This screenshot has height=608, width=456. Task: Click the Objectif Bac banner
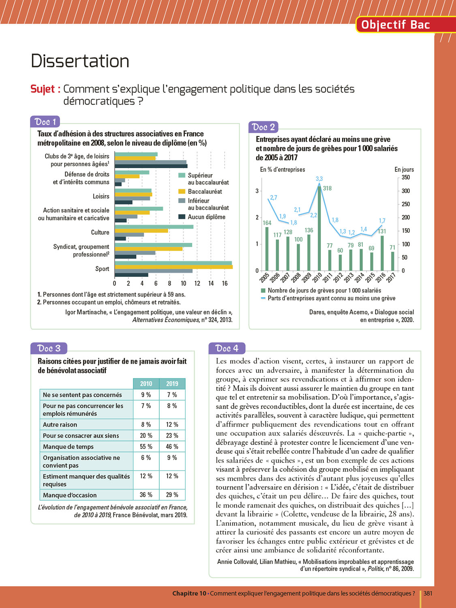click(x=395, y=25)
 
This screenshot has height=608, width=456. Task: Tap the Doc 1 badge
click(x=45, y=122)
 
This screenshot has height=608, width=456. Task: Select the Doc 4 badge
click(x=227, y=348)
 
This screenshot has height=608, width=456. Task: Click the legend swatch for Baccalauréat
click(x=182, y=191)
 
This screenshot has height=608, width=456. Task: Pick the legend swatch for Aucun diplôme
click(x=182, y=217)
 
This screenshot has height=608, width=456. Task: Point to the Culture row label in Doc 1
click(x=100, y=232)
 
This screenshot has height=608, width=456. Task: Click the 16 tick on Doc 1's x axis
click(x=225, y=283)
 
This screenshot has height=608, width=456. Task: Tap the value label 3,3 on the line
click(x=319, y=179)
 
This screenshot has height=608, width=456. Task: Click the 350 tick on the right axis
click(x=406, y=178)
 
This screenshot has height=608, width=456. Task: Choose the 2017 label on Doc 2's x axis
click(x=391, y=278)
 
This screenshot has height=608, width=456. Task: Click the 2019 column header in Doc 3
click(x=172, y=383)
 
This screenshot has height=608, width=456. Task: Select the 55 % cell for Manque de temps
click(x=146, y=447)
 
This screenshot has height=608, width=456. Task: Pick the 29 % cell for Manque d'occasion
click(x=172, y=495)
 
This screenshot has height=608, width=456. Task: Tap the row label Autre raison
click(x=60, y=424)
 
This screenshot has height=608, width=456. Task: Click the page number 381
click(x=428, y=593)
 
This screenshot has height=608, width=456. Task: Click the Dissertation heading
click(x=80, y=61)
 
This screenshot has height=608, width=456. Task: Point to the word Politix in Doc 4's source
click(x=375, y=569)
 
